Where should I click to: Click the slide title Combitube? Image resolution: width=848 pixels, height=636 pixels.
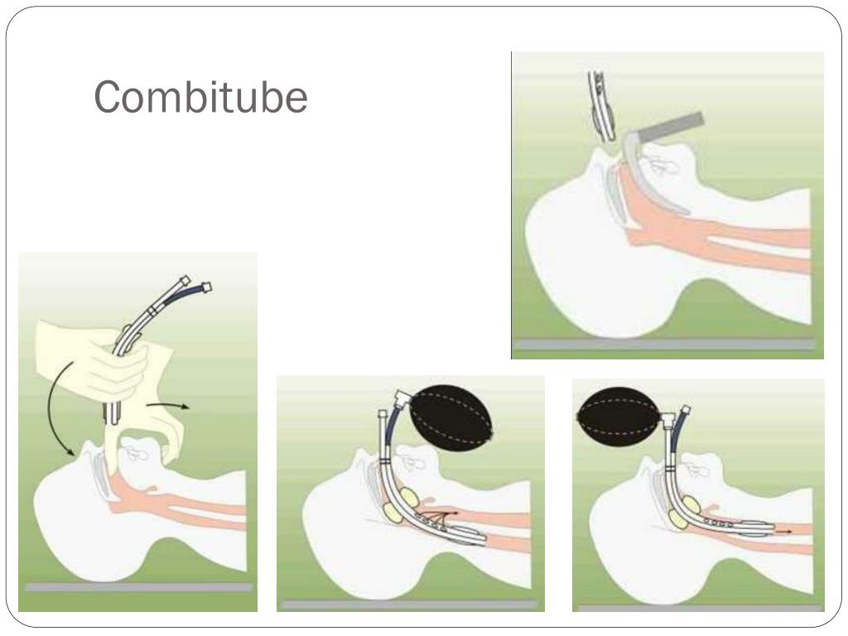coord(200,98)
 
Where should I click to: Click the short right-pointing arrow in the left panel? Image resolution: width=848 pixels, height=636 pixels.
coord(174,406)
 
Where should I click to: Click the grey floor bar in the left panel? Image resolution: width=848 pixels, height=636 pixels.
coord(137,587)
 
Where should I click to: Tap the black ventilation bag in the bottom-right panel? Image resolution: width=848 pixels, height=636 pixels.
coord(618,416)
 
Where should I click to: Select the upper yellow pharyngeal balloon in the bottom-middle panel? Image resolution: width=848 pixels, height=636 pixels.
coord(408,500)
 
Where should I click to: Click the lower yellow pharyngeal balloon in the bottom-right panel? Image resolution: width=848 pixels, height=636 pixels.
coord(682,518)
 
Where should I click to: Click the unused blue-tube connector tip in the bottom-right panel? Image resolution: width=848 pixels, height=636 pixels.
coord(686,409)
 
